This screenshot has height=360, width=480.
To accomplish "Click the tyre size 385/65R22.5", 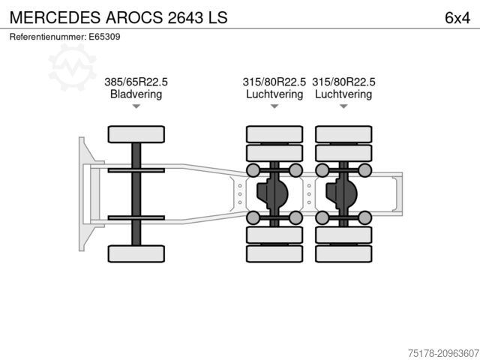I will pos(136,82).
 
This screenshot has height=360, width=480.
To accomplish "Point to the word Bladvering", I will pos(136,94).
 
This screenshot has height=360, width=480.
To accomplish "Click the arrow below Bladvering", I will pos(136,106).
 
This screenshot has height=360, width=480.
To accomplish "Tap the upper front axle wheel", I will pos(136,134).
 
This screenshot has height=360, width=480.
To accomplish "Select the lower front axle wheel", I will pos(136,253).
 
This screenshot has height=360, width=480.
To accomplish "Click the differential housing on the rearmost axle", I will pos(343,193).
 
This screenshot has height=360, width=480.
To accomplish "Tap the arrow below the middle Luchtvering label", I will pos(274,106).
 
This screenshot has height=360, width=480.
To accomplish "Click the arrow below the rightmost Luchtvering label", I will pos(343,106).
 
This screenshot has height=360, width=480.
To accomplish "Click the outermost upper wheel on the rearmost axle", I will pos(343,134).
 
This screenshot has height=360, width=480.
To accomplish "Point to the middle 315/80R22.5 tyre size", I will pos(274,82).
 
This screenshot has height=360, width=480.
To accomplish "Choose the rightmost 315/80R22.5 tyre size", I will pos(343,82).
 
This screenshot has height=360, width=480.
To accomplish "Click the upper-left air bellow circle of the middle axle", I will pos(253,169).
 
